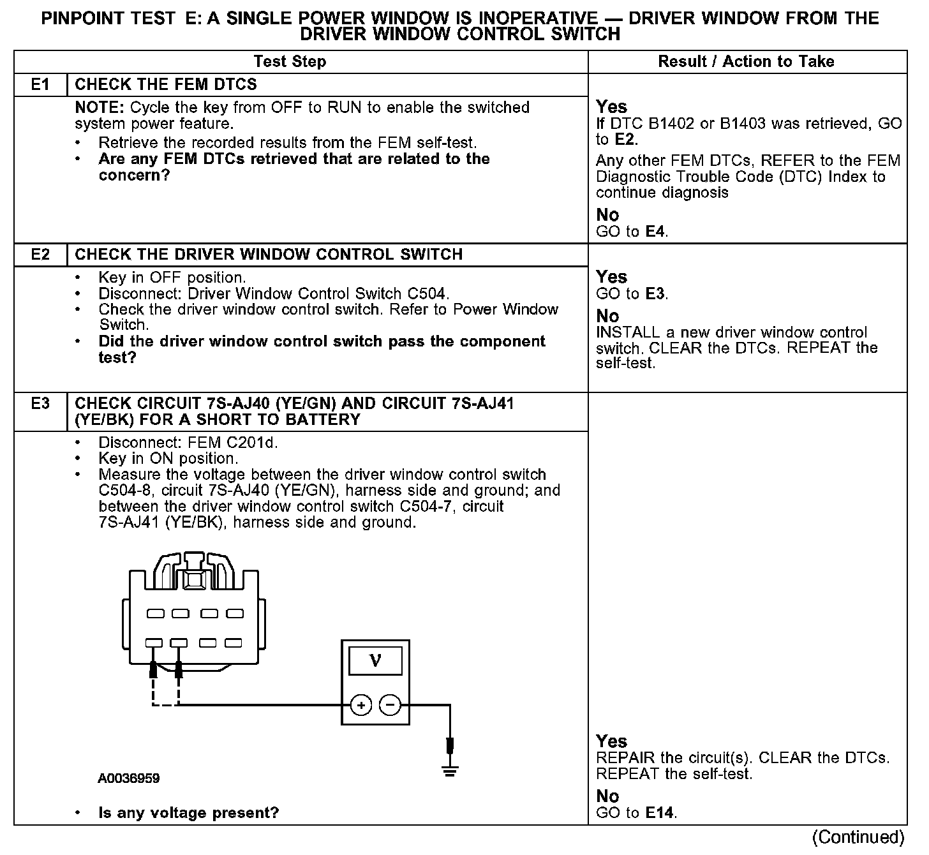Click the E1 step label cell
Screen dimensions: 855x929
[x=40, y=85]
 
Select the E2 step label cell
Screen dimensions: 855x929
[x=40, y=255]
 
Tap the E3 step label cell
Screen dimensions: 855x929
[x=40, y=404]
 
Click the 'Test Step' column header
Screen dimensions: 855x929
[x=290, y=62]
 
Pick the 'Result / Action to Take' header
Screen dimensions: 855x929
[x=746, y=62]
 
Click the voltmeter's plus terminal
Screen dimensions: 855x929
[x=361, y=705]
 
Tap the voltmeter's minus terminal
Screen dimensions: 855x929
[x=390, y=705]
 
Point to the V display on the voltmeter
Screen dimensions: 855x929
[x=375, y=661]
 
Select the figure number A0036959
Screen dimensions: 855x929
[x=129, y=778]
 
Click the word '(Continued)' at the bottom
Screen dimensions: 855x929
[x=858, y=837]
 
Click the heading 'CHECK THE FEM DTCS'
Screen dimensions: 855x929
[x=166, y=85]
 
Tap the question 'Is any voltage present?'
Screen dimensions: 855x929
[x=189, y=813]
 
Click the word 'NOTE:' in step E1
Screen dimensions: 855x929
[x=100, y=108]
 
